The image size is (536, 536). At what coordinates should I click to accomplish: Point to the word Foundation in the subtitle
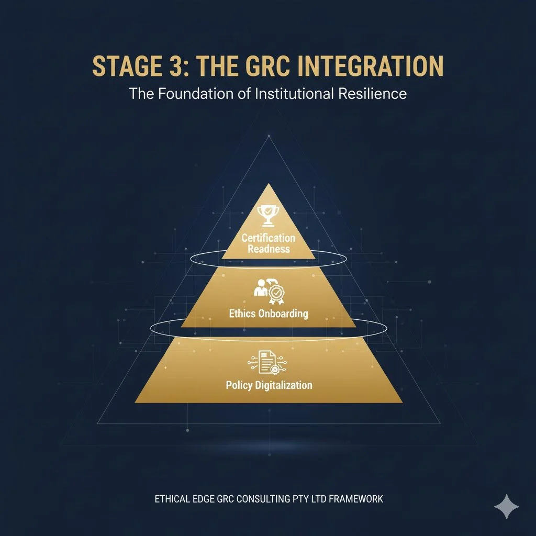192,95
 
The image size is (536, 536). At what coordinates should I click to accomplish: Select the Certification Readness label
269,243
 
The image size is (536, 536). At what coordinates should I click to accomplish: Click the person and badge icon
268,292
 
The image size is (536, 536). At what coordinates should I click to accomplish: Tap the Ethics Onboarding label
269,314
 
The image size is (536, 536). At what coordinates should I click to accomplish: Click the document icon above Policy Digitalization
268,363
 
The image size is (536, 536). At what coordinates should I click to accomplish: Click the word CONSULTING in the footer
262,499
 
